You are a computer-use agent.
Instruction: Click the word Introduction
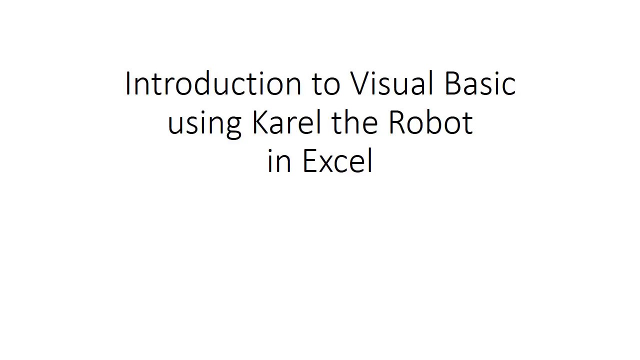(x=213, y=83)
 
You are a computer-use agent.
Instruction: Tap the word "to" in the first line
(x=326, y=84)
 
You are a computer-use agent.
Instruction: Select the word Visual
(x=391, y=83)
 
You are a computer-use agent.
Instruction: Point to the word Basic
(x=480, y=83)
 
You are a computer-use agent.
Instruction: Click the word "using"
(x=204, y=125)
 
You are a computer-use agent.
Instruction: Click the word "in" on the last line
(x=279, y=160)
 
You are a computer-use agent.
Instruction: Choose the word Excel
(x=337, y=160)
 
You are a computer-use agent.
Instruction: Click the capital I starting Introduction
(x=127, y=83)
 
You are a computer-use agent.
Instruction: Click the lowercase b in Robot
(x=434, y=122)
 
